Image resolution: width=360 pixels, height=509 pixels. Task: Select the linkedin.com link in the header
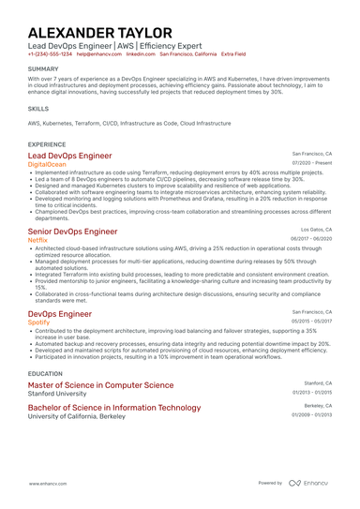coord(139,54)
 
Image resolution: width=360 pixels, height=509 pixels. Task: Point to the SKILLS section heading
coord(38,109)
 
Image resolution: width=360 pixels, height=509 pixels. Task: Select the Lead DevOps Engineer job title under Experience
coord(70,156)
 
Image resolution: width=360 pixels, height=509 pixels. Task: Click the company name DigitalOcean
coord(49,164)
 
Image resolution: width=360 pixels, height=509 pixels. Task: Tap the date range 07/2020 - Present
coord(312,163)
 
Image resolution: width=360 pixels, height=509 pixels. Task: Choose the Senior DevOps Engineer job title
coord(73,232)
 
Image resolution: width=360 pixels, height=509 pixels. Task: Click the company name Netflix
coord(37,240)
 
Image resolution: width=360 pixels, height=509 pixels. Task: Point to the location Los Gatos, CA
coord(316,229)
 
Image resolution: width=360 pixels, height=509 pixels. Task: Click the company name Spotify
coord(38,322)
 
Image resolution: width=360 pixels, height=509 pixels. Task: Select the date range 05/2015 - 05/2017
coord(312,321)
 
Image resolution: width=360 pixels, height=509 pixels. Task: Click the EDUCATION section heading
coord(46,373)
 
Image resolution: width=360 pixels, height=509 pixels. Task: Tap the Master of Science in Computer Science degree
coord(101,385)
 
